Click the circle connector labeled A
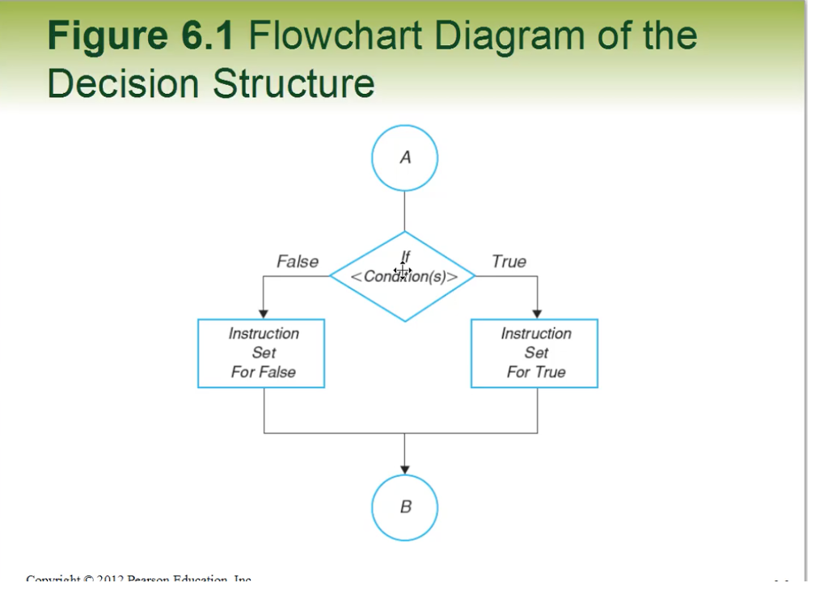click(x=404, y=158)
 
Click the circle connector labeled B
click(x=404, y=508)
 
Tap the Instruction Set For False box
click(x=261, y=353)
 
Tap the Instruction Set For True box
click(x=534, y=353)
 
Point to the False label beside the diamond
click(x=298, y=262)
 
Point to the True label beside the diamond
click(x=509, y=262)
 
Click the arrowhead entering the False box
click(x=264, y=314)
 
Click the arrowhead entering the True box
click(x=537, y=314)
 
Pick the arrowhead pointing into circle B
click(x=404, y=470)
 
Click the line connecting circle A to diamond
click(x=404, y=212)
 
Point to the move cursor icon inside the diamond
click(x=403, y=269)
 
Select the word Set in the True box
click(x=536, y=353)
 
